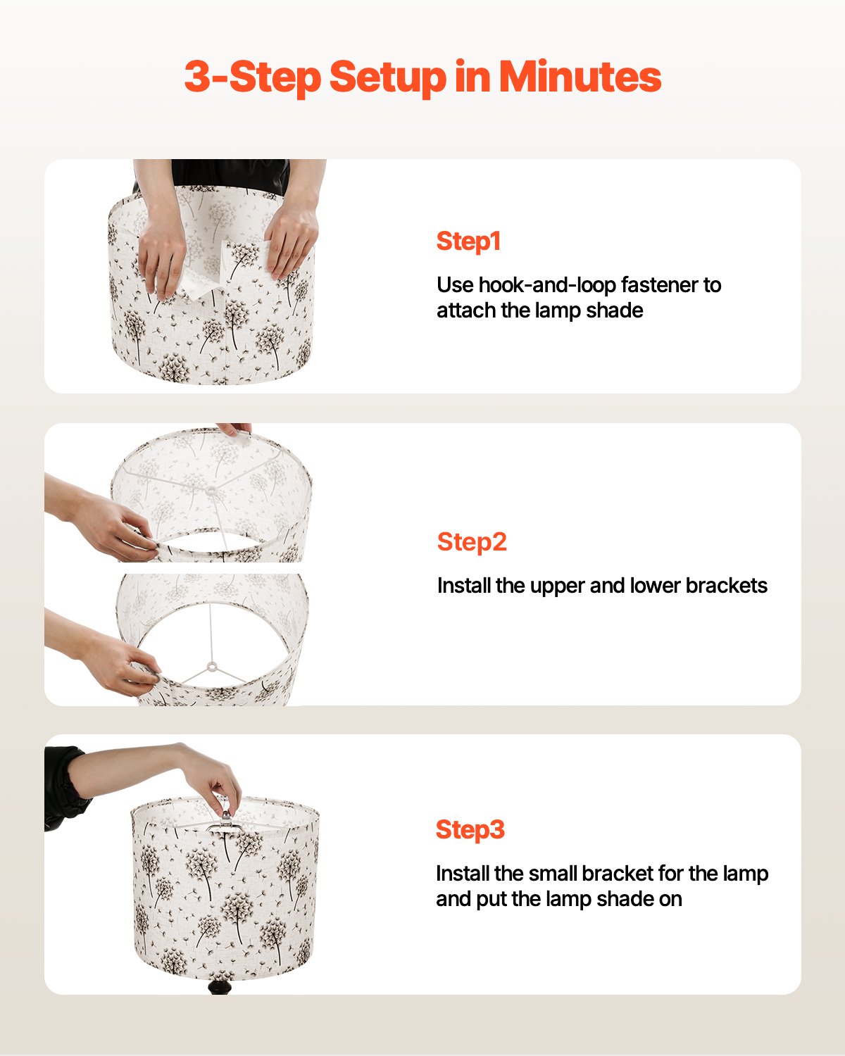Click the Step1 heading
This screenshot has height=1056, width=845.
pyautogui.click(x=468, y=241)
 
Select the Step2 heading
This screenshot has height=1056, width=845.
pyautogui.click(x=472, y=542)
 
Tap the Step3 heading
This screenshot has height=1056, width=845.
pyautogui.click(x=470, y=829)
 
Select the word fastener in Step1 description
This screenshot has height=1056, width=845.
pyautogui.click(x=659, y=285)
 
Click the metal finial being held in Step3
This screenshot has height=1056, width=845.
pyautogui.click(x=225, y=821)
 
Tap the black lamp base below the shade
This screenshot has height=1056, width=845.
pyautogui.click(x=219, y=986)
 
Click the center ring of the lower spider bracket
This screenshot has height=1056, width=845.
pyautogui.click(x=211, y=666)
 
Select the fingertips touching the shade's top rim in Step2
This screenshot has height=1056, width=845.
pyautogui.click(x=235, y=429)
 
